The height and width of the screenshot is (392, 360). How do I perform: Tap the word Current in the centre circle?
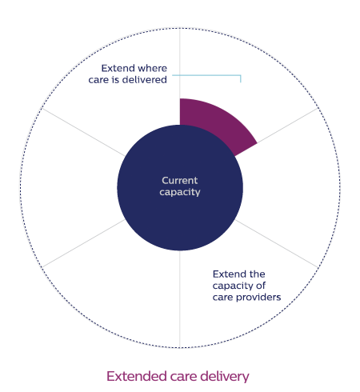click(x=180, y=181)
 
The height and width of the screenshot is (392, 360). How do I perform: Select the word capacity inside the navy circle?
click(x=180, y=193)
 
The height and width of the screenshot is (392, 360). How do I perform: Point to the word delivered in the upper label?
click(x=144, y=80)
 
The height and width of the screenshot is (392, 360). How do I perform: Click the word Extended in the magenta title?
click(x=137, y=376)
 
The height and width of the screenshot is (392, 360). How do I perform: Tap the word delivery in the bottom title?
click(x=225, y=377)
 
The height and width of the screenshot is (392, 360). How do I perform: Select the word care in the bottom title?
click(x=183, y=378)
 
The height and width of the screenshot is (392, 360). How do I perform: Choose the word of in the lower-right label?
click(x=261, y=286)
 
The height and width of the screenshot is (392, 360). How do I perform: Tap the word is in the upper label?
click(x=115, y=80)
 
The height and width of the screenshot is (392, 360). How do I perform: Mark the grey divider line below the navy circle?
click(x=180, y=298)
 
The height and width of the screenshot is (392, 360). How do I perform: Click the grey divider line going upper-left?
click(x=83, y=132)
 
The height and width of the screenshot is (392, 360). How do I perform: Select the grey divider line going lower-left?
click(x=83, y=243)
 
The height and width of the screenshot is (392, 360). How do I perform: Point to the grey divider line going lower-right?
click(x=277, y=243)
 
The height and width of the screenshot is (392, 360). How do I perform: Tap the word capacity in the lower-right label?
click(x=233, y=286)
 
